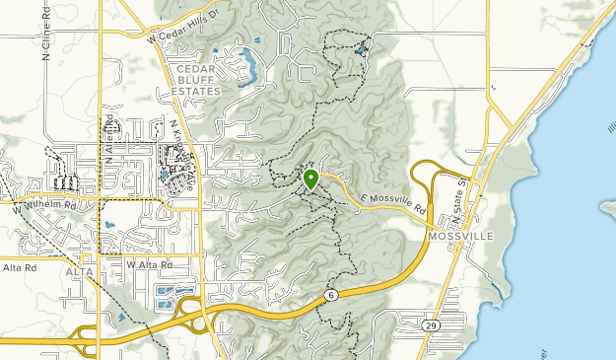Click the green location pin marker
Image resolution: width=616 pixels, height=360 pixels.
coord(310,180)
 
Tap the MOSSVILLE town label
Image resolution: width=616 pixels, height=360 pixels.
coord(459,237)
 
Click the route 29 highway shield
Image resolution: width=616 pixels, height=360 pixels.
coord(432,324)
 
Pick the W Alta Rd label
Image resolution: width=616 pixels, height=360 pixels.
coord(149,264)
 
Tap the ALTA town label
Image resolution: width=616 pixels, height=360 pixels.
coord(79,270)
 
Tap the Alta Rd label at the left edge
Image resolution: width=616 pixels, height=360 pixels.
coord(18,267)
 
